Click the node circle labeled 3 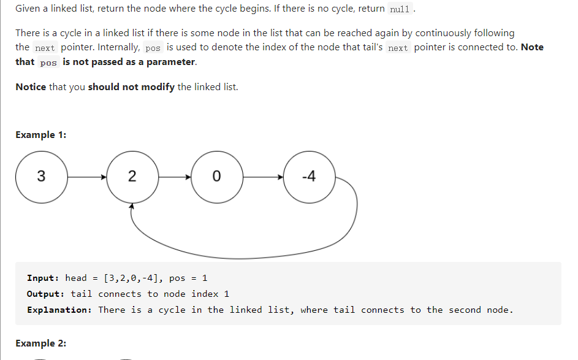click(x=41, y=177)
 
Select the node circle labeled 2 click(x=132, y=177)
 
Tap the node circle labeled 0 click(x=216, y=177)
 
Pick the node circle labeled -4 click(x=310, y=177)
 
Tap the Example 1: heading click(x=40, y=135)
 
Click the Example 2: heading click(x=40, y=343)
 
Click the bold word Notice click(x=31, y=86)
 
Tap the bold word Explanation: click(x=59, y=310)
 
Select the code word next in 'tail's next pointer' click(x=398, y=48)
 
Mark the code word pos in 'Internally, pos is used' click(x=153, y=48)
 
